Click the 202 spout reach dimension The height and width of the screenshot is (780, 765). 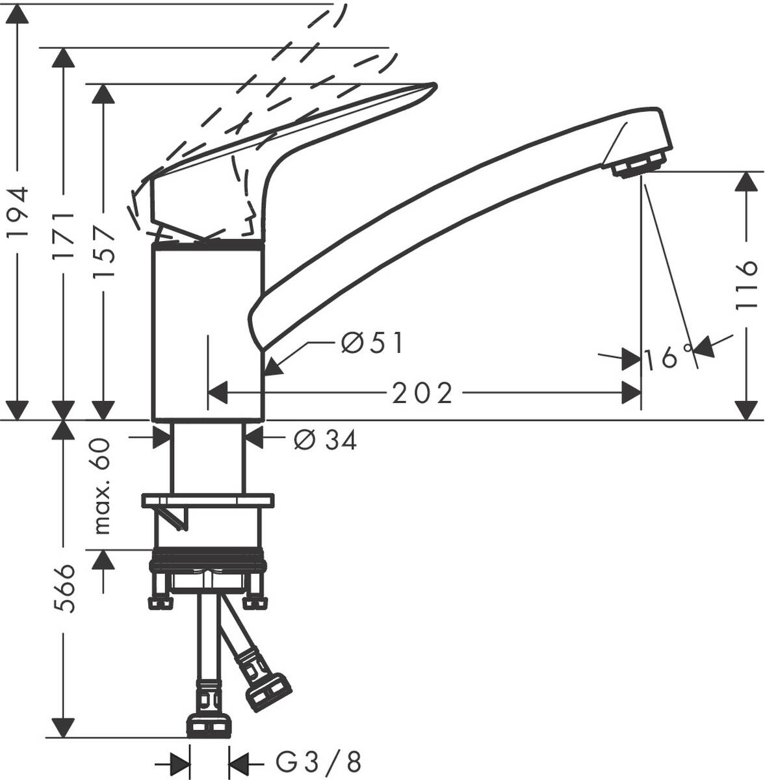(422, 393)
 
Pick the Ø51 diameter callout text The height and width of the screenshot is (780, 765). (372, 343)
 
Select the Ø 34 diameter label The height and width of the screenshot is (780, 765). (326, 441)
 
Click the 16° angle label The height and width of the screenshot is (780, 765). (669, 357)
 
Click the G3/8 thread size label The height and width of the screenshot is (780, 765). (318, 760)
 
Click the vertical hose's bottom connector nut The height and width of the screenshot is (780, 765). (209, 725)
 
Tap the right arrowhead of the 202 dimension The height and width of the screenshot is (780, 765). (630, 393)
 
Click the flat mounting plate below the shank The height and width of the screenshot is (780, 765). (208, 500)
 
